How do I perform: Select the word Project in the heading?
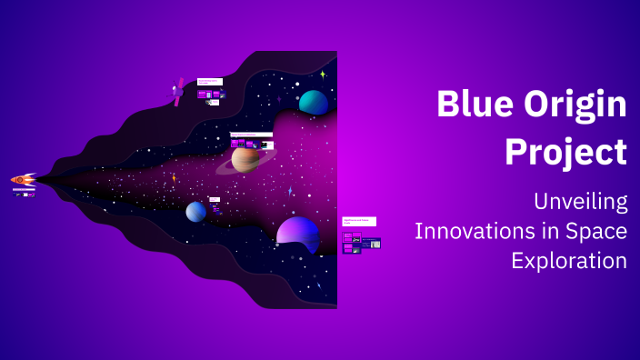click(565, 151)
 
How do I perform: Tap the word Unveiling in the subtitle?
click(580, 202)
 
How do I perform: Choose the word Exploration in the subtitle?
click(569, 260)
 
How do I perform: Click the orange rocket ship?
click(23, 180)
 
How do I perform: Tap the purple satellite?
click(178, 93)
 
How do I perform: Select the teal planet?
click(314, 103)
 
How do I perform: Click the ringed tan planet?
click(247, 159)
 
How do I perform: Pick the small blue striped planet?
click(196, 212)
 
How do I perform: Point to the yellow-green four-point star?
click(323, 75)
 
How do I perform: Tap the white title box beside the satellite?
click(210, 82)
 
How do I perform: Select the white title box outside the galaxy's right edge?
click(359, 221)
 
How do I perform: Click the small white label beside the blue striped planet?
click(215, 199)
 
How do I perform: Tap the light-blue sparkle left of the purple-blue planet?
click(290, 192)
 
